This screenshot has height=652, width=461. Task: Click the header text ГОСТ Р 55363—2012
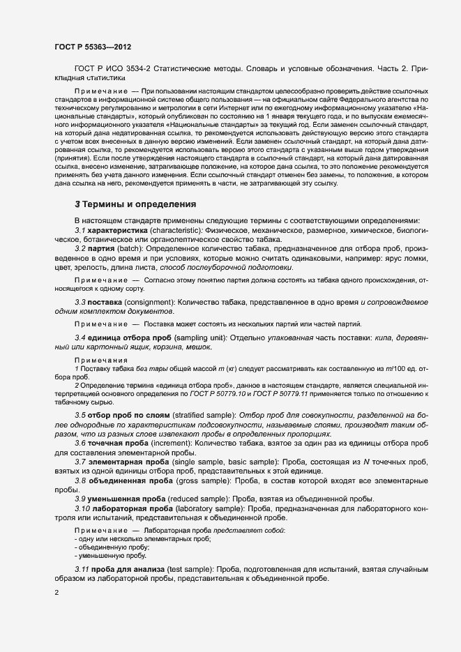click(x=92, y=47)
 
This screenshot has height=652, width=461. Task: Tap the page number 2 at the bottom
click(x=56, y=593)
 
